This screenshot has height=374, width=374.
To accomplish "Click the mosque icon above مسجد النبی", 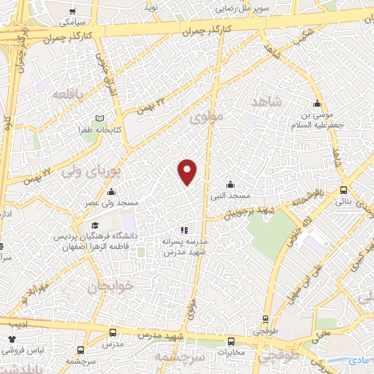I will pyautogui.click(x=231, y=183).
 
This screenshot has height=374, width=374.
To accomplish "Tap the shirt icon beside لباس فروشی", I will pyautogui.click(x=12, y=340).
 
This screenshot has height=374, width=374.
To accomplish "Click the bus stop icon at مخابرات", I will pyautogui.click(x=232, y=341).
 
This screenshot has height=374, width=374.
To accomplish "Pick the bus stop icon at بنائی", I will pyautogui.click(x=344, y=190).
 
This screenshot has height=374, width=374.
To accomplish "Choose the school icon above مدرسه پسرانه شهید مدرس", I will pyautogui.click(x=183, y=230).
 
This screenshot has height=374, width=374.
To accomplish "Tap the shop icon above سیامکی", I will pyautogui.click(x=72, y=12).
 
